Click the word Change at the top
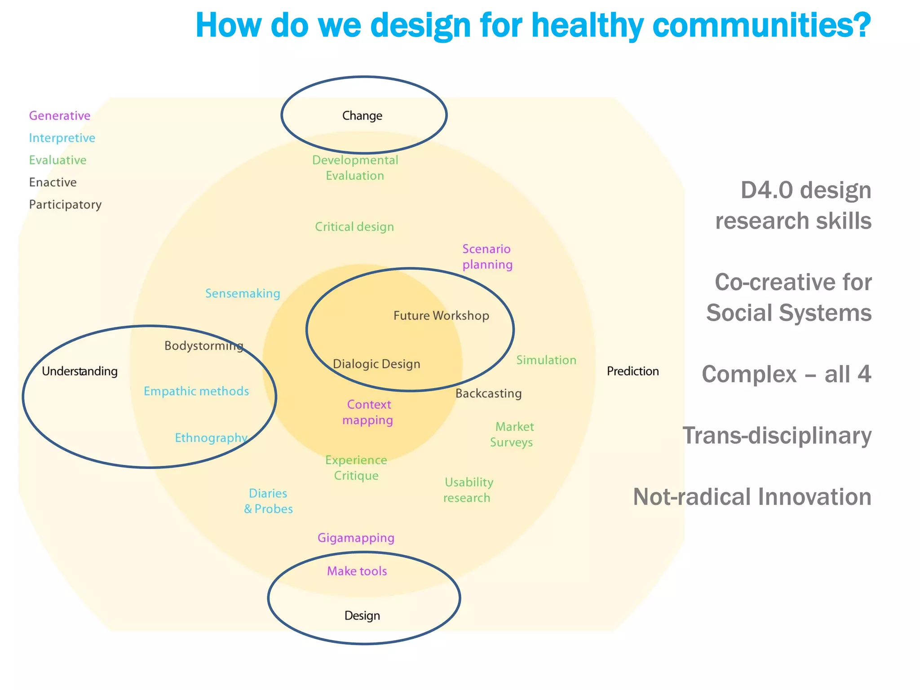pyautogui.click(x=362, y=116)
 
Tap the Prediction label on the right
pyautogui.click(x=632, y=371)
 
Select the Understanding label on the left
pyautogui.click(x=80, y=371)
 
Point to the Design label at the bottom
pyautogui.click(x=362, y=615)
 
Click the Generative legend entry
pyautogui.click(x=60, y=116)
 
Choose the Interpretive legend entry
pyautogui.click(x=62, y=138)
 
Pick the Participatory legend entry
pyautogui.click(x=65, y=205)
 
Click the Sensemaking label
pyautogui.click(x=243, y=293)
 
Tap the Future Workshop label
pyautogui.click(x=441, y=315)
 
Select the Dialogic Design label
pyautogui.click(x=376, y=364)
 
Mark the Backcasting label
pyautogui.click(x=488, y=394)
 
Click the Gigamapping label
pyautogui.click(x=356, y=538)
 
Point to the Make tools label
pyautogui.click(x=357, y=571)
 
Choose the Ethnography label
pyautogui.click(x=211, y=438)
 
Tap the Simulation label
pyautogui.click(x=546, y=360)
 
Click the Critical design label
pyautogui.click(x=354, y=227)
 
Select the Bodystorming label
pyautogui.click(x=203, y=346)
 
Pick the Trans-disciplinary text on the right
pyautogui.click(x=777, y=435)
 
